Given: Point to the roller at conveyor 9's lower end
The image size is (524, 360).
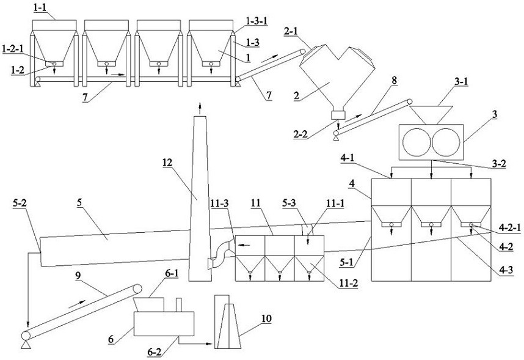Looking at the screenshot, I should [26, 335].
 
